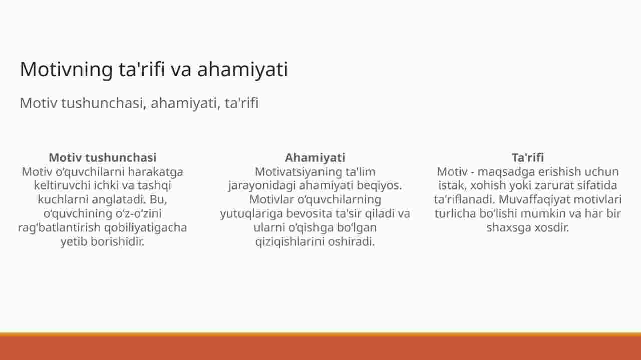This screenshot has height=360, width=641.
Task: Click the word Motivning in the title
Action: (x=67, y=70)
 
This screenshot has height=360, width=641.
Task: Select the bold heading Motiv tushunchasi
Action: (x=103, y=157)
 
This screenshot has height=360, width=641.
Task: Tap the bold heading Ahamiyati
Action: (x=315, y=158)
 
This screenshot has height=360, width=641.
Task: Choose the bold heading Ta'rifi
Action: (x=528, y=157)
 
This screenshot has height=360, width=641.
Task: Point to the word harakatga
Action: (x=155, y=172)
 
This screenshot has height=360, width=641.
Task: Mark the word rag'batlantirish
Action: (x=59, y=228)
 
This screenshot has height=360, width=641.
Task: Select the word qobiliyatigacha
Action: (x=145, y=228)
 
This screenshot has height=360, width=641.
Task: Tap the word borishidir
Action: (x=118, y=241)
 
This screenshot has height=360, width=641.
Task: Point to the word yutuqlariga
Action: (x=251, y=214)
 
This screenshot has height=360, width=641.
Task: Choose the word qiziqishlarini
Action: (x=290, y=242)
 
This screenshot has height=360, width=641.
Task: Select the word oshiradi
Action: (x=352, y=241)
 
